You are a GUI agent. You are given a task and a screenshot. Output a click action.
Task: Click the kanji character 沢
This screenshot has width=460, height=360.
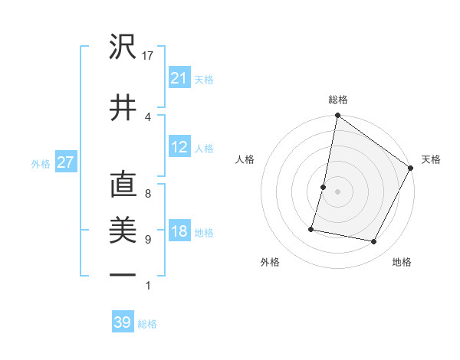coord(123,48)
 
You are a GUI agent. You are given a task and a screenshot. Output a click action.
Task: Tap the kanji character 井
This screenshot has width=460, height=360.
coord(123,107)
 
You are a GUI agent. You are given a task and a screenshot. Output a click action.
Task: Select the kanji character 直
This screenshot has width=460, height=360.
coord(123,186)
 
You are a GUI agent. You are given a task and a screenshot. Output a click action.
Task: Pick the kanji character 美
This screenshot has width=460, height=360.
coord(123,231)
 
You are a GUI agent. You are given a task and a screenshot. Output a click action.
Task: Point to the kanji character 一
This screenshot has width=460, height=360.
coord(123,274)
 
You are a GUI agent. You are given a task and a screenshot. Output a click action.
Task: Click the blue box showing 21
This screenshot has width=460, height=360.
coord(179,78)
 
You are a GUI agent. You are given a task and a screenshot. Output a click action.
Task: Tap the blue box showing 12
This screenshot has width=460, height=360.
coord(179,147)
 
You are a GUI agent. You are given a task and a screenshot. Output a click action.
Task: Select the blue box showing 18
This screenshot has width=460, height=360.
coord(179,231)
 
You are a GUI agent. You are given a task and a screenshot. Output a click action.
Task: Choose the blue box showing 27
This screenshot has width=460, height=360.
coord(65,162)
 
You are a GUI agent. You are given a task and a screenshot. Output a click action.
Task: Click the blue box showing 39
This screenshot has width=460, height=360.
coord(123,322)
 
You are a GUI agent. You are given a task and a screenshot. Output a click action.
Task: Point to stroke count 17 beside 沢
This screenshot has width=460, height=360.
coord(149,56)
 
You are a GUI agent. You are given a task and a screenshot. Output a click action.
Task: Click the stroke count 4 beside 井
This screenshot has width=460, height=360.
coord(147,116)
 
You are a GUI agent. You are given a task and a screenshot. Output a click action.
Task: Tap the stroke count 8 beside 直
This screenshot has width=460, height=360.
coord(147,194)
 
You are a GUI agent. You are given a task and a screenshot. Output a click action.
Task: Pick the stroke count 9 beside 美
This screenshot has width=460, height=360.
coord(147,240)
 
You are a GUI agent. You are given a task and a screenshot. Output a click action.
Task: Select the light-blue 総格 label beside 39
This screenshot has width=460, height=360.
coord(147,324)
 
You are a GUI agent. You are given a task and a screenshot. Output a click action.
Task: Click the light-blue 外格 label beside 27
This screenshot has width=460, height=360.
coord(41,163)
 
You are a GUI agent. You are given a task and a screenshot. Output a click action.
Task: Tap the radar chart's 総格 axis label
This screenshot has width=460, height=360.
coord(337,100)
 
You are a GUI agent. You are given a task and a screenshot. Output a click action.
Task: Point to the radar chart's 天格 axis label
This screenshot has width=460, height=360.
coord(431,159)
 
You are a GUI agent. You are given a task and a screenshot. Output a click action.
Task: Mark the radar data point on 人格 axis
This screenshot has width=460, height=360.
coord(324,187)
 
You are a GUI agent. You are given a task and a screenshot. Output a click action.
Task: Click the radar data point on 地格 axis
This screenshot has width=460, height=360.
coord(374,242)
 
